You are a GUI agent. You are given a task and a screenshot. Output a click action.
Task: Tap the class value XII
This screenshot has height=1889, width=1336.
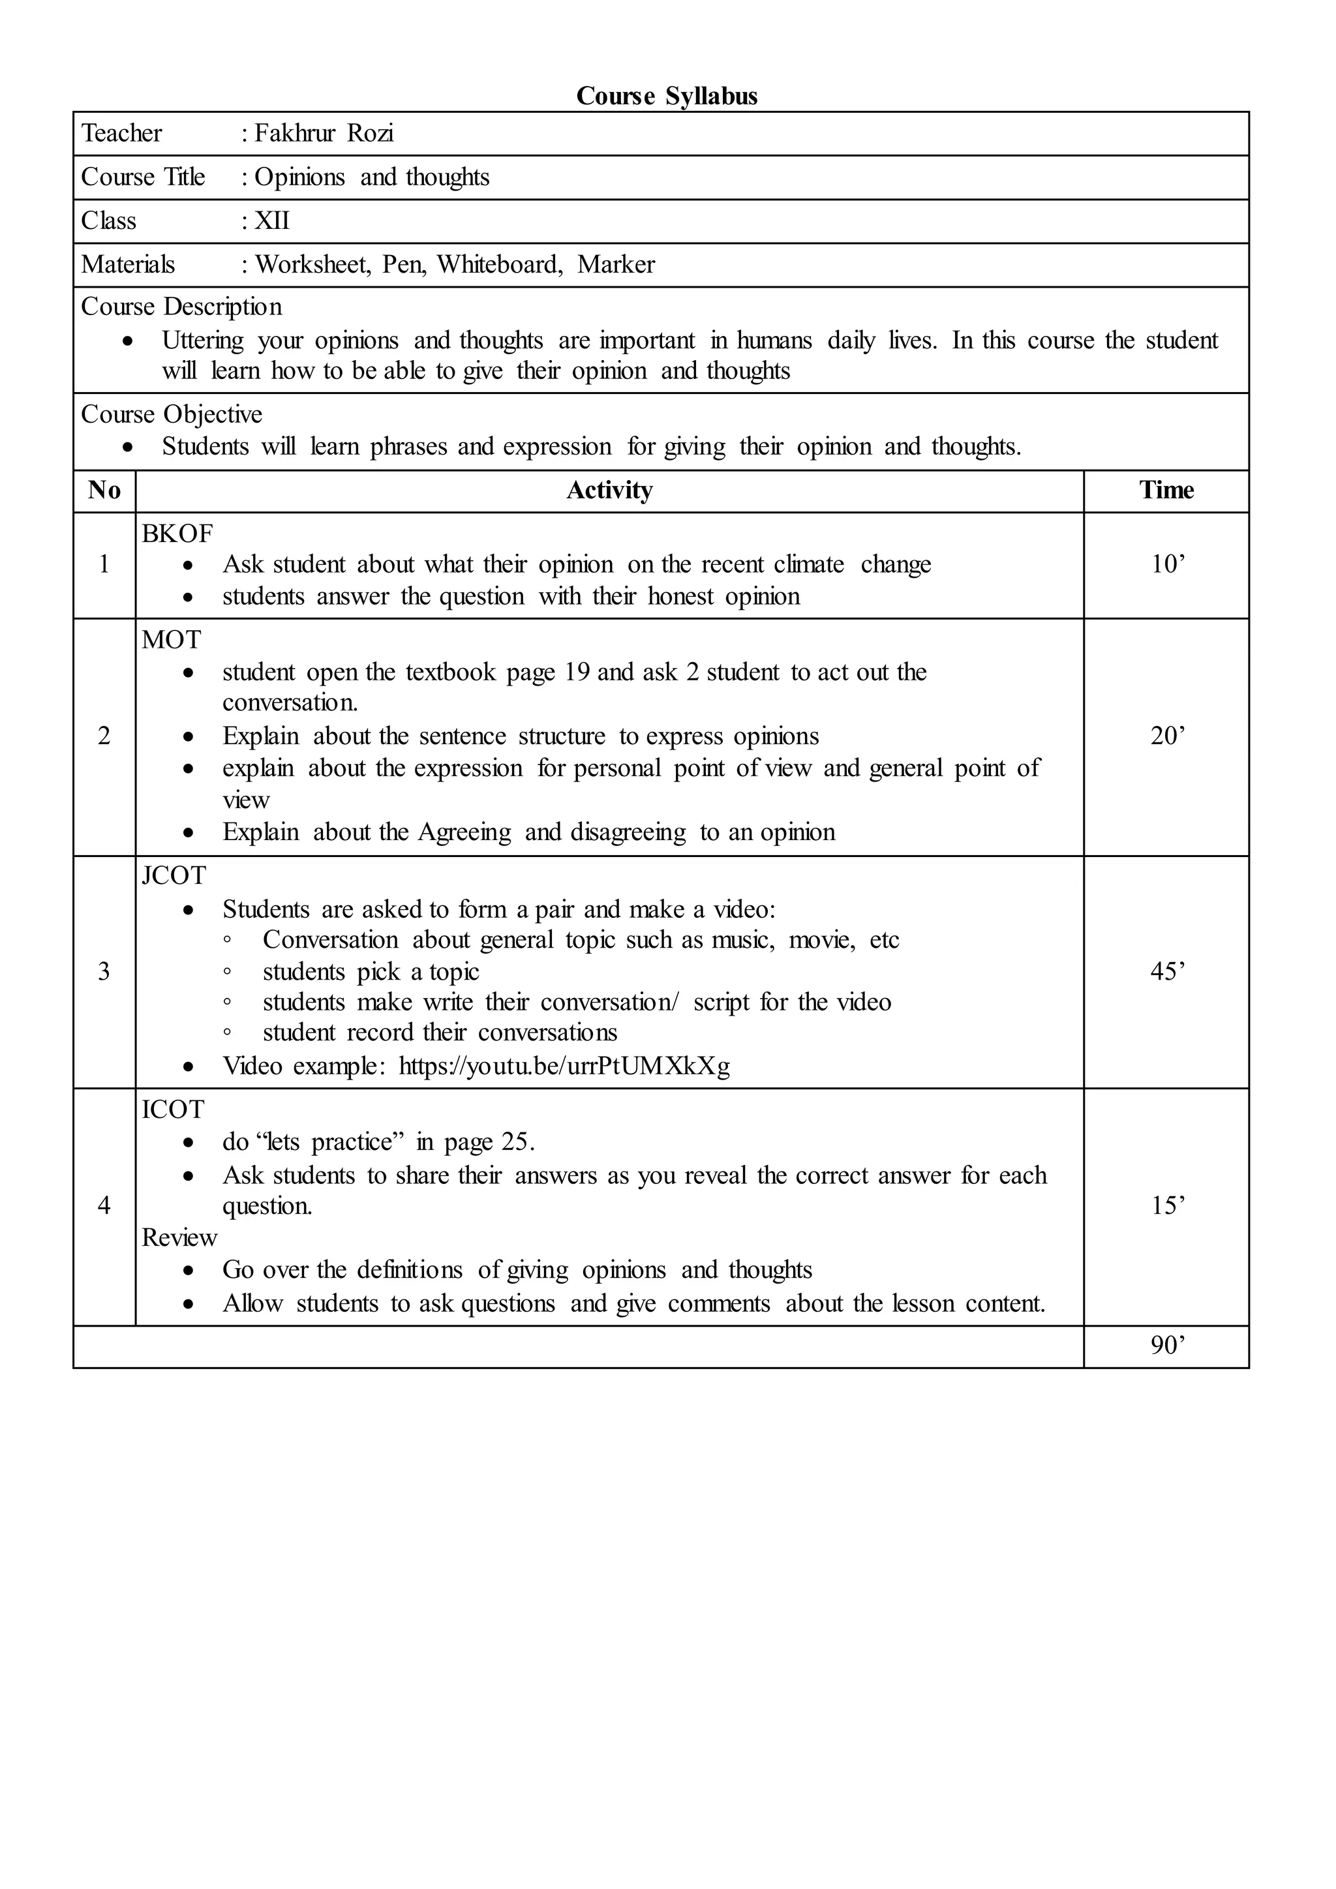click(271, 220)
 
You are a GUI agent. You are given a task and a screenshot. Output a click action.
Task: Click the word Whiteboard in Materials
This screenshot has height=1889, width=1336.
click(498, 264)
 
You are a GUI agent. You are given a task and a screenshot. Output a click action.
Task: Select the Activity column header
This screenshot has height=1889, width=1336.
click(609, 491)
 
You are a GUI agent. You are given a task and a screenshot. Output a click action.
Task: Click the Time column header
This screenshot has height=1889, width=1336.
click(1166, 491)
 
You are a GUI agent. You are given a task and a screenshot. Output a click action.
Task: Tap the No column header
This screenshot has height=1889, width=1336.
click(104, 491)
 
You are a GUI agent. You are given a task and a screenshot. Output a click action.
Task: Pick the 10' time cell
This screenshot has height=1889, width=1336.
click(1167, 564)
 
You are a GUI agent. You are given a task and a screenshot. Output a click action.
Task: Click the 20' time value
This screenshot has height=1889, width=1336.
click(1167, 736)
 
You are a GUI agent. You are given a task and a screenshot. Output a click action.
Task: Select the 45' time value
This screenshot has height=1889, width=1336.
click(1167, 972)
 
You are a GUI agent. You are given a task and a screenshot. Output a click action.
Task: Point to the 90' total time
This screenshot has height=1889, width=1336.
click(1167, 1345)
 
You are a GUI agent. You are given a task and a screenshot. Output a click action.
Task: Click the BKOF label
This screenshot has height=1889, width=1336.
click(177, 534)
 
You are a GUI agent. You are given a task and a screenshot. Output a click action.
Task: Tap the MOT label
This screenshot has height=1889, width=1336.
click(171, 640)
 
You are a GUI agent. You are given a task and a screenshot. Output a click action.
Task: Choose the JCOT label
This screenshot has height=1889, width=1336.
click(174, 875)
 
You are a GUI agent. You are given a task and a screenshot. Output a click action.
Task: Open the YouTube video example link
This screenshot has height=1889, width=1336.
click(564, 1066)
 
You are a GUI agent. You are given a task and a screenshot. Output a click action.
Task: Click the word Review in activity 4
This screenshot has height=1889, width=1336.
click(179, 1237)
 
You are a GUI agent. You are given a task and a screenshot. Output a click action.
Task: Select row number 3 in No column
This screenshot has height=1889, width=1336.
click(104, 972)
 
